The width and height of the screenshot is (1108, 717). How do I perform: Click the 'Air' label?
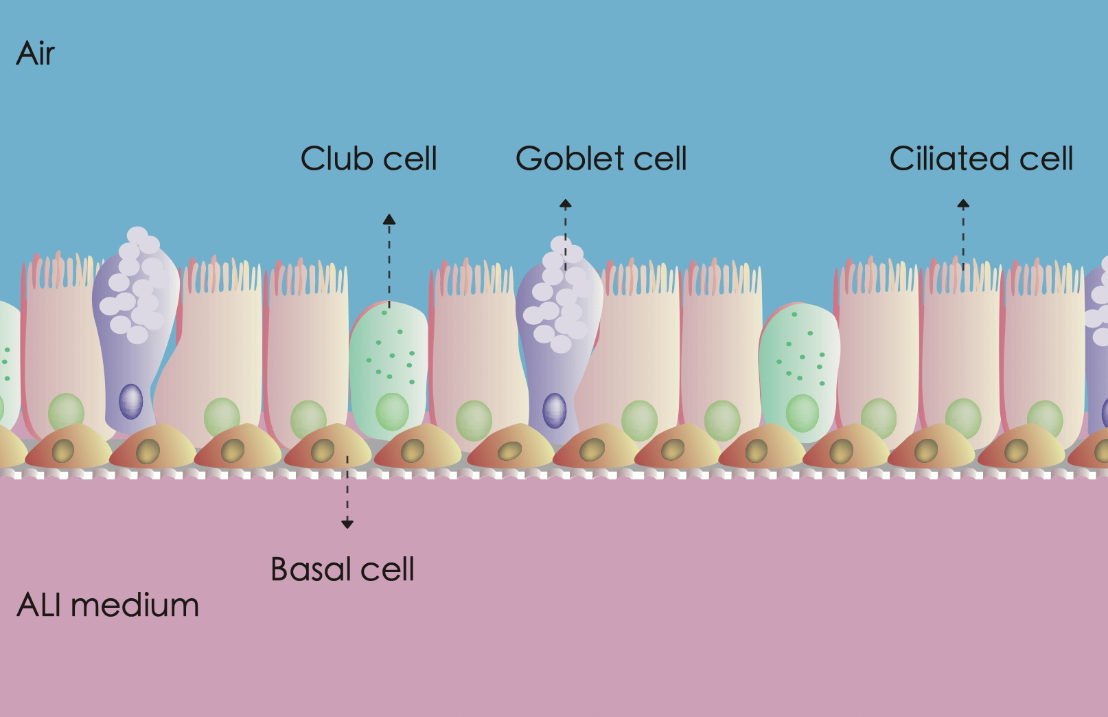coord(35,54)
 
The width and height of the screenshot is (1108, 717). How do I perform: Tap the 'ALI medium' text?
coord(108,605)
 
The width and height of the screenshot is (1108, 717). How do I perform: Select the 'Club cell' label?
coord(369,159)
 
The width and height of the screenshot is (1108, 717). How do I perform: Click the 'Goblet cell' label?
coord(601,159)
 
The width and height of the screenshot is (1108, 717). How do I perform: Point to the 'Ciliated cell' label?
coord(981,159)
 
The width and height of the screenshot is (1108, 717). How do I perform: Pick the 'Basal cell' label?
coord(342,569)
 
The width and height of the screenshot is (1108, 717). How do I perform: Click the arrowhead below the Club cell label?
coord(389,220)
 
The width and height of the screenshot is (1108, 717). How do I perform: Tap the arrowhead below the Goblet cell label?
coord(565,204)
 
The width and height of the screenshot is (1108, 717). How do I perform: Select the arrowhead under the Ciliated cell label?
coord(963,204)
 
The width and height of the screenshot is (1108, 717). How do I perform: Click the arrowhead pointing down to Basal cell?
coord(347,524)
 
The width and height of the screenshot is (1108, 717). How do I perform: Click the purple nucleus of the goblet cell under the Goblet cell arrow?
coord(554,410)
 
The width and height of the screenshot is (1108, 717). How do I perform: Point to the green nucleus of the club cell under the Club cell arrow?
coord(392,411)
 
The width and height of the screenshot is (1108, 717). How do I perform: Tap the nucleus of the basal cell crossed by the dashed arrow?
coord(323,451)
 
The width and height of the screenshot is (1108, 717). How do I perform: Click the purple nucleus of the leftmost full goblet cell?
coord(131,401)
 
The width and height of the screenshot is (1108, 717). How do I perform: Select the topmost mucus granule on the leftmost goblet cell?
coord(137,235)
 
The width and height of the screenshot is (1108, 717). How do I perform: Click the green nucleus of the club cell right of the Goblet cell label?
coord(802,412)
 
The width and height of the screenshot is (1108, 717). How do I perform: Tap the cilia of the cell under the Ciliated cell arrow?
coord(961,275)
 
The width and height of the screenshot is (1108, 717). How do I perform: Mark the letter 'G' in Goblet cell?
coord(530,159)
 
